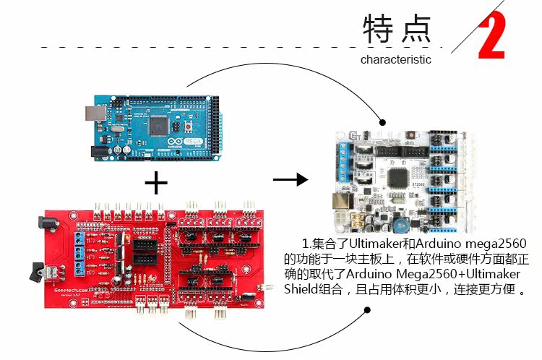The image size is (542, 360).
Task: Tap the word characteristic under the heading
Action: (395, 60)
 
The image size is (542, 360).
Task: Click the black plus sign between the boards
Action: (155, 182)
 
